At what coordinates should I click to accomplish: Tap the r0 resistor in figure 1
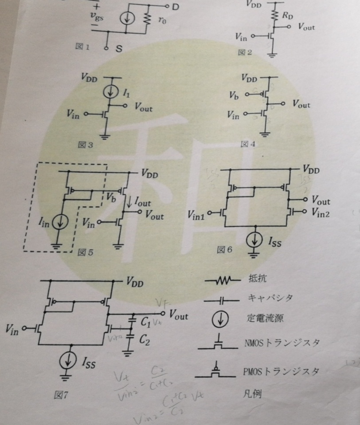click(x=145, y=19)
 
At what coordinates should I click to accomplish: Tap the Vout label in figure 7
click(x=179, y=315)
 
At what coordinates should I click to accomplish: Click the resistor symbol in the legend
click(x=222, y=280)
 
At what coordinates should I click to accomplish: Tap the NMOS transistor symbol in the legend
click(x=217, y=345)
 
